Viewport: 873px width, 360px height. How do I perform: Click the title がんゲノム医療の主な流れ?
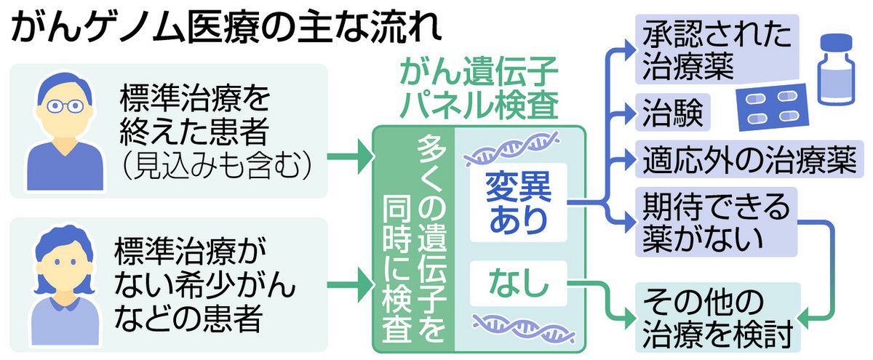point(226,28)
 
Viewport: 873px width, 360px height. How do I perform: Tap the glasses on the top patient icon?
point(65,106)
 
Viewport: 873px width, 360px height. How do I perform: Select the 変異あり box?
point(518,203)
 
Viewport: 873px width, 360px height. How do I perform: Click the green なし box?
point(518,283)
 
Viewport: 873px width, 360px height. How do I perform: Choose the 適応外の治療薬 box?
point(749,159)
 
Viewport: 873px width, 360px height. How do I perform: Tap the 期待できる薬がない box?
point(717,223)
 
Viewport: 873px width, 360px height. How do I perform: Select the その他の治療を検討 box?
point(718,318)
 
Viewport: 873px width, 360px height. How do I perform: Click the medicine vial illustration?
point(837,69)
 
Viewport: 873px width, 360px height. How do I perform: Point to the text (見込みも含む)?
point(217,167)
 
